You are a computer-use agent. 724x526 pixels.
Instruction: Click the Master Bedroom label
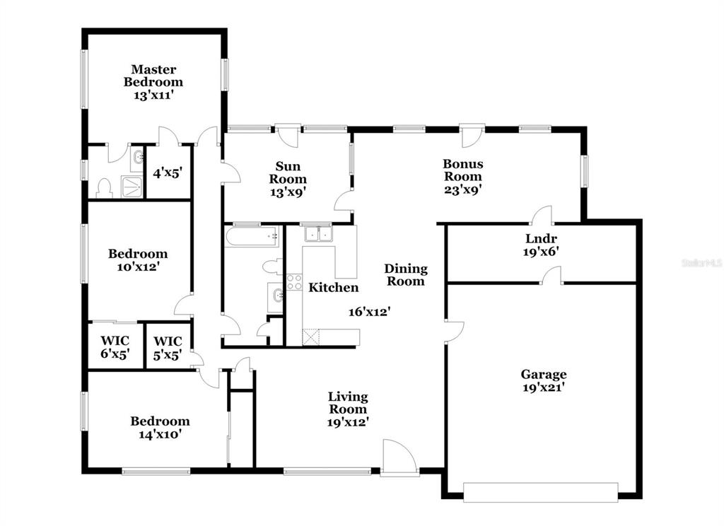[x=153, y=76]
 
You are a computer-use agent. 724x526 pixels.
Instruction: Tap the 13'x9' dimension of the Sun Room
[x=288, y=192]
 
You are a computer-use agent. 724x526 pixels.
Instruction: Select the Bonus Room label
[x=462, y=170]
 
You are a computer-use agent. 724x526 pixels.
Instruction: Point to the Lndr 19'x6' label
[x=541, y=245]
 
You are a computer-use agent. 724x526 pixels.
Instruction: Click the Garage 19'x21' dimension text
[x=544, y=387]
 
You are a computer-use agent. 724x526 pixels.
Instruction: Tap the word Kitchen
[x=334, y=287]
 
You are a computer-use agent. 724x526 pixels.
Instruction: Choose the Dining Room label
[x=406, y=275]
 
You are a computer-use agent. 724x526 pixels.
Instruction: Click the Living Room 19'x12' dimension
[x=348, y=421]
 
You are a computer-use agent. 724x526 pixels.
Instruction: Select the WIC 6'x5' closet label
[x=115, y=347]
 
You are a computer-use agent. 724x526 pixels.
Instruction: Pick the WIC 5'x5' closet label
[x=168, y=349]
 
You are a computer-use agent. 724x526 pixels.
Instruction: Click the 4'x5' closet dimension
[x=168, y=173]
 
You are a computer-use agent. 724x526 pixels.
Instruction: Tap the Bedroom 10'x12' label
[x=138, y=260]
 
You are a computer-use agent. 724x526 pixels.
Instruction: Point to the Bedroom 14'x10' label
[x=160, y=428]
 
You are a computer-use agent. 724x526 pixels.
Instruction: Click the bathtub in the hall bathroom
[x=252, y=236]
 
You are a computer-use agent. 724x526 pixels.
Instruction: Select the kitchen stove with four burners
[x=294, y=281]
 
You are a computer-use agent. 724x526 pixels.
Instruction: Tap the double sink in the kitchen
[x=318, y=234]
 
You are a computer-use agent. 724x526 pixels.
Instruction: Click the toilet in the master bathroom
[x=105, y=189]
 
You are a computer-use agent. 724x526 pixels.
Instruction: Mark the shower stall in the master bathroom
[x=132, y=187]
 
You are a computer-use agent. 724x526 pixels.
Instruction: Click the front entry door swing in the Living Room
[x=400, y=457]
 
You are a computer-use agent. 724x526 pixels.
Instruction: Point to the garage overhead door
[x=541, y=492]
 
